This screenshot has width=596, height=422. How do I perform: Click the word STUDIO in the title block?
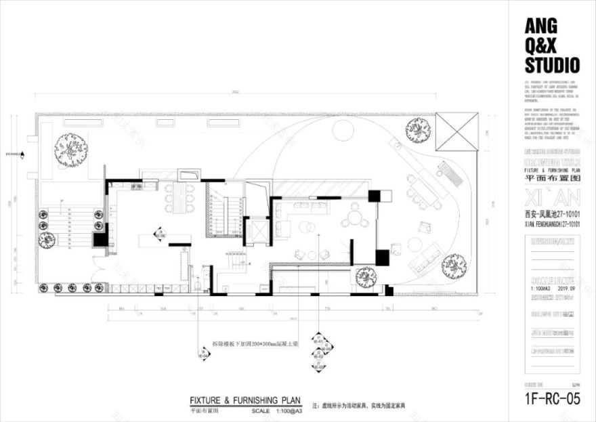point(552,66)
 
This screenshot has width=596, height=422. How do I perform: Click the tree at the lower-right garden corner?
point(454,266)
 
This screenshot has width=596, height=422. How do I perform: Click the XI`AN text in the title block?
point(552,200)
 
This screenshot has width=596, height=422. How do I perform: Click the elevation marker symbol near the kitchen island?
point(160,234)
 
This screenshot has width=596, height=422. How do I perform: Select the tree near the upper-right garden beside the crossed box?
point(419,130)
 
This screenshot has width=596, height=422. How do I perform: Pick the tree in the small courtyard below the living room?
point(366,276)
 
